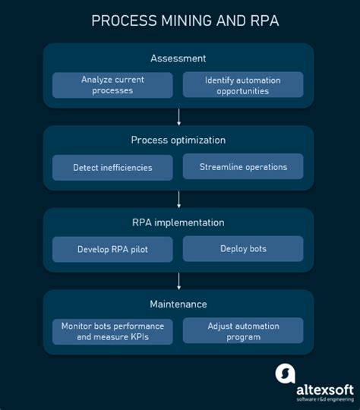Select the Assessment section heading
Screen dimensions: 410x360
click(x=178, y=58)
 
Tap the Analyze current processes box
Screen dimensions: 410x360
click(x=112, y=84)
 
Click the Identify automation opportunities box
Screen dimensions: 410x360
click(x=243, y=84)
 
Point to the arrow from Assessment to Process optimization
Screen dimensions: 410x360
click(x=179, y=116)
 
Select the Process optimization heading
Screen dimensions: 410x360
click(x=178, y=140)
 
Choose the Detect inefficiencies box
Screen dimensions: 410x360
click(x=112, y=167)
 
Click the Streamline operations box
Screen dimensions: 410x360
click(x=243, y=166)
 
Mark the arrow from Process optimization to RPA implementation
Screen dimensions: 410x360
click(x=179, y=198)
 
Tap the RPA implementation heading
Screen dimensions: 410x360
click(x=178, y=222)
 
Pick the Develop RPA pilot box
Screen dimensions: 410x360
click(x=112, y=249)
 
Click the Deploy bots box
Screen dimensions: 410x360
click(x=243, y=248)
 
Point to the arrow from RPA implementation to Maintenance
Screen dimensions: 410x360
click(x=179, y=280)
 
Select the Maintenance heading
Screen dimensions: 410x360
click(x=178, y=304)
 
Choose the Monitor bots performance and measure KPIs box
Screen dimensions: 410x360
click(x=112, y=331)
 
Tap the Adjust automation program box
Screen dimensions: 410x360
click(x=243, y=331)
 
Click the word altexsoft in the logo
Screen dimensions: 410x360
click(x=324, y=389)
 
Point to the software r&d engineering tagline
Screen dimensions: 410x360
click(x=324, y=400)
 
